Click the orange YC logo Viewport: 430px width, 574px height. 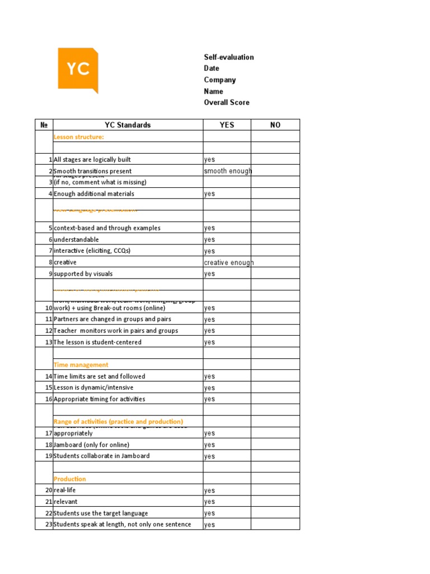[77, 69]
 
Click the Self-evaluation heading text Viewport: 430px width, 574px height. [228, 57]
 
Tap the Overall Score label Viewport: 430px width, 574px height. [226, 103]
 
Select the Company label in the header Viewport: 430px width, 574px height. [219, 80]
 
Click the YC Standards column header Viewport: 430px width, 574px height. [128, 125]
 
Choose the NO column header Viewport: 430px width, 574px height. [275, 125]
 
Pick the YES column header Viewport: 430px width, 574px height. [227, 125]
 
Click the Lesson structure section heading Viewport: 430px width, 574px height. [78, 137]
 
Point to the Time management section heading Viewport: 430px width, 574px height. [81, 365]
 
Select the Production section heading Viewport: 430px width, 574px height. [70, 479]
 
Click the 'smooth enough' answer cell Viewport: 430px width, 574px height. [227, 171]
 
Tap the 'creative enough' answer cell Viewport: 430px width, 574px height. [228, 262]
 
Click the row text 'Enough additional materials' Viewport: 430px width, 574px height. [94, 194]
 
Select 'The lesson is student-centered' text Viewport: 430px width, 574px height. [97, 342]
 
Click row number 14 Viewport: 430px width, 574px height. [49, 377]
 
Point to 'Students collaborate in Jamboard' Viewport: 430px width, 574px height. [101, 456]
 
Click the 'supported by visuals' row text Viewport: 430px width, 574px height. [83, 274]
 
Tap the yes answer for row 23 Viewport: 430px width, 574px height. [209, 525]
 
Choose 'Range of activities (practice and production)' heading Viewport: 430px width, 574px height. [118, 422]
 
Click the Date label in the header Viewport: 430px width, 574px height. [212, 68]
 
